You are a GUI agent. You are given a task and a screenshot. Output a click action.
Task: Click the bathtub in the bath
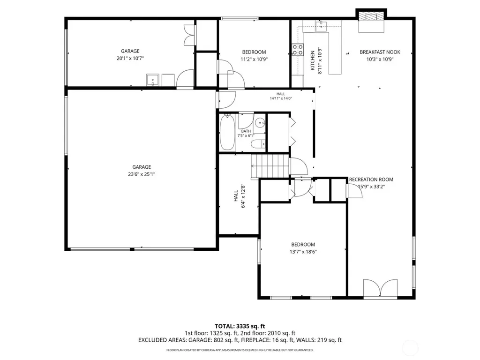[227, 132]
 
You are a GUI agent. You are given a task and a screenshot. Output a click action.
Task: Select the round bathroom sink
[260, 123]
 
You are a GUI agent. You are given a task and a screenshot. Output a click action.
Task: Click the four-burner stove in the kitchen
[298, 50]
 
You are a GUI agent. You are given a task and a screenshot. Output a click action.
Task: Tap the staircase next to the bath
[270, 166]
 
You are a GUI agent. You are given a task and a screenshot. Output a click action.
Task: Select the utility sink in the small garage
[152, 80]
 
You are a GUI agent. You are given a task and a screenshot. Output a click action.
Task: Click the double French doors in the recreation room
[380, 288]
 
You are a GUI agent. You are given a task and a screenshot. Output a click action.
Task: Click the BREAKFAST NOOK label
[380, 52]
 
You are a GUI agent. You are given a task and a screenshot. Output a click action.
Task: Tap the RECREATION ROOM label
[371, 180]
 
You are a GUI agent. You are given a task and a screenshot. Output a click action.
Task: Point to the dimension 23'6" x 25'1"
[142, 174]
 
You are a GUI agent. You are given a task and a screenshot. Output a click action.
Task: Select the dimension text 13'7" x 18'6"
[303, 252]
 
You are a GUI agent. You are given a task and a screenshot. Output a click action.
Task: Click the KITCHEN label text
[313, 60]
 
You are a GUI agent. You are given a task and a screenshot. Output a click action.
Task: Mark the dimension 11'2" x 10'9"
[254, 60]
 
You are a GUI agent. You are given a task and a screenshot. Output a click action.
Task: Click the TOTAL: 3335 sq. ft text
[240, 326]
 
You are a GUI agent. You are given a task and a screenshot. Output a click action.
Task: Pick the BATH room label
[246, 131]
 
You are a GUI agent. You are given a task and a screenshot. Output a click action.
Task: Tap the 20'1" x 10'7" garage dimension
[130, 59]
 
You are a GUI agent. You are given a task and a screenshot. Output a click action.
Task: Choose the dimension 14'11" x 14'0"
[281, 98]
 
